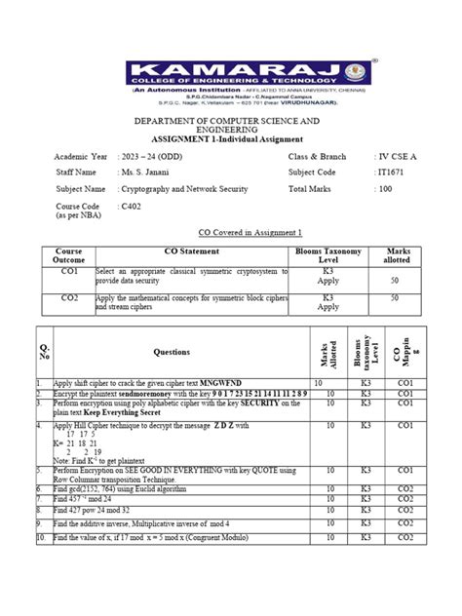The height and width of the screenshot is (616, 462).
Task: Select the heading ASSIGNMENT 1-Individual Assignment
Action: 230,138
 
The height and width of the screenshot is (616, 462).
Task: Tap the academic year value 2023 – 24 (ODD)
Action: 153,157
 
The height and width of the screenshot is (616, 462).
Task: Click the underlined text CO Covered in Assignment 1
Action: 231,233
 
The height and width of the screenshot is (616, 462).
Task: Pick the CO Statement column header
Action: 179,251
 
